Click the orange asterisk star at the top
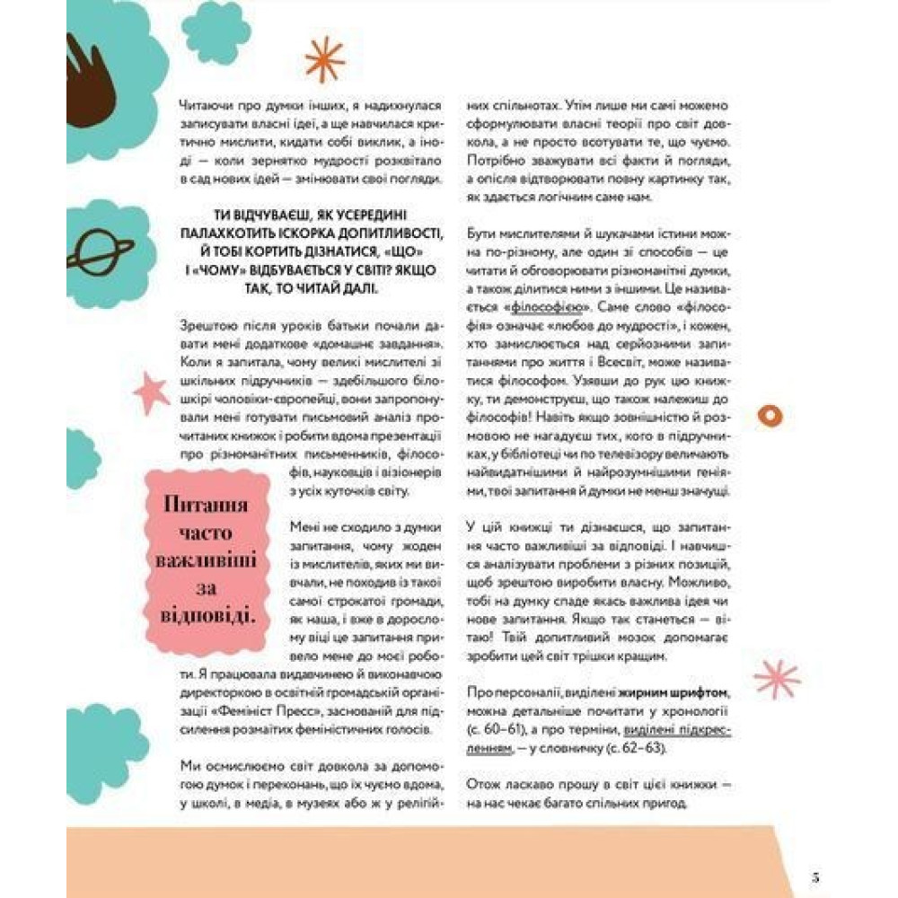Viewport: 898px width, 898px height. point(324,59)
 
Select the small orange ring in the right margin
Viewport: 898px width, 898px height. point(770,414)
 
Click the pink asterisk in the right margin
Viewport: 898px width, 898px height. point(776,679)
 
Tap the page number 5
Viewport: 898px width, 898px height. point(814,877)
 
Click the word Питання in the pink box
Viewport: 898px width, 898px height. point(206,504)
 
